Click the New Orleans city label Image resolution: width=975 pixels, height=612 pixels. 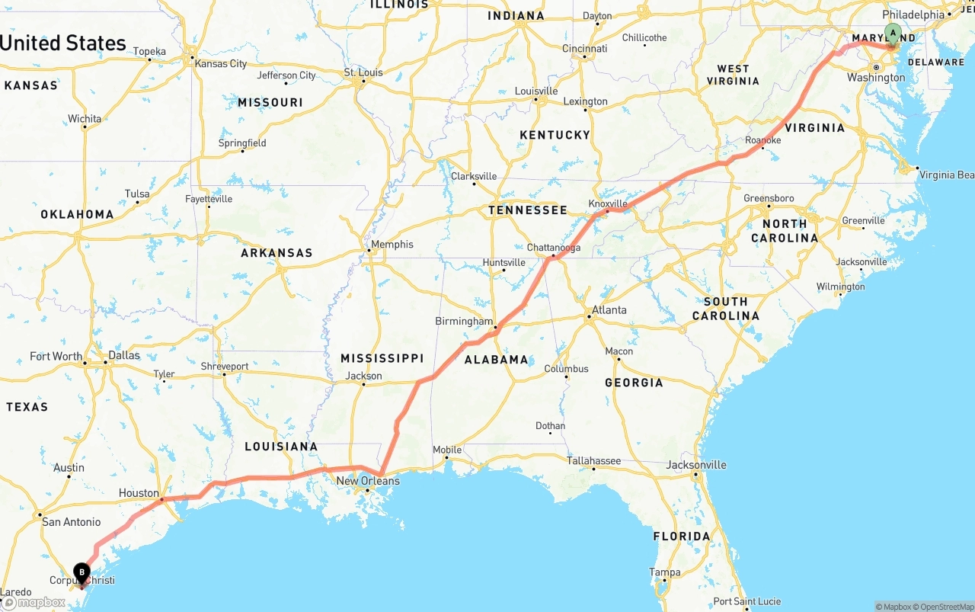(368, 481)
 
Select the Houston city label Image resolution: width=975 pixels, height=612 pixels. (139, 493)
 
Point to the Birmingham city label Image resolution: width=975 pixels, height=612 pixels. (464, 321)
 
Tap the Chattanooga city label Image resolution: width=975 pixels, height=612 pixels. (554, 248)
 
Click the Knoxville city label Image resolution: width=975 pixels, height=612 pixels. (608, 203)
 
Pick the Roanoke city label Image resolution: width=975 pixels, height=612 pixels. (763, 140)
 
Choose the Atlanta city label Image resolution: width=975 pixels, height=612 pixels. (609, 309)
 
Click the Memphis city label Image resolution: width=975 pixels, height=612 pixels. (392, 244)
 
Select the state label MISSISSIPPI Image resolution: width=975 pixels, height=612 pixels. (382, 358)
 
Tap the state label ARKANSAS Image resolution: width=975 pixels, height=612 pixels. (277, 253)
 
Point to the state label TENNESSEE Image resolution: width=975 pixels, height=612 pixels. (528, 210)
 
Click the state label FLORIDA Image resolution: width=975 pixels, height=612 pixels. (682, 537)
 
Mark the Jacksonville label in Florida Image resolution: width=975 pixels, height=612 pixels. (696, 465)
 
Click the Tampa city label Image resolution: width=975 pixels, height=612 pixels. (664, 572)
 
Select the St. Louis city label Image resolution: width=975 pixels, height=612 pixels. (363, 72)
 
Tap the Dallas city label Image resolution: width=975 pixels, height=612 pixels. (124, 355)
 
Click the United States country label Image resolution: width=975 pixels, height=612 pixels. (63, 43)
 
